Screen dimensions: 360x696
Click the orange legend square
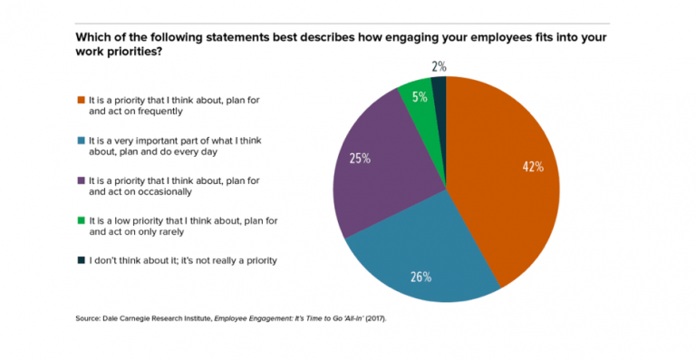81,99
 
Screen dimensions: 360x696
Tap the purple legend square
81,180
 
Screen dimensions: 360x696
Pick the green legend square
81,221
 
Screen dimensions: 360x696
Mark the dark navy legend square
81,259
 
